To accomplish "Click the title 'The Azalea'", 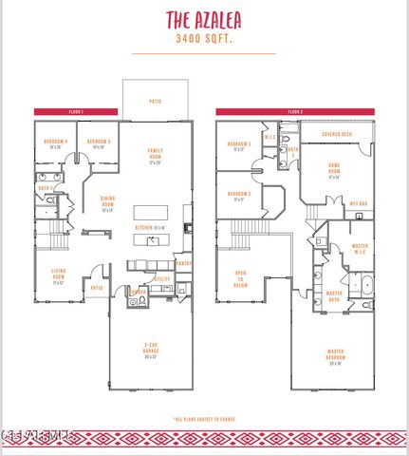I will tap(205, 20).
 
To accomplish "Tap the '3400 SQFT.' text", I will tap(205, 40).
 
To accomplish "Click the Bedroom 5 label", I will tap(98, 144).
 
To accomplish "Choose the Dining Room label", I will tap(107, 203).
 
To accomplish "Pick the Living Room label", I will tap(58, 276).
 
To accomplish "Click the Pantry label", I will tap(184, 263).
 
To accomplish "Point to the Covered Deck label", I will tap(337, 135).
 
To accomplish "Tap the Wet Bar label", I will tap(359, 203).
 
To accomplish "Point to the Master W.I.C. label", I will tap(360, 248).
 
